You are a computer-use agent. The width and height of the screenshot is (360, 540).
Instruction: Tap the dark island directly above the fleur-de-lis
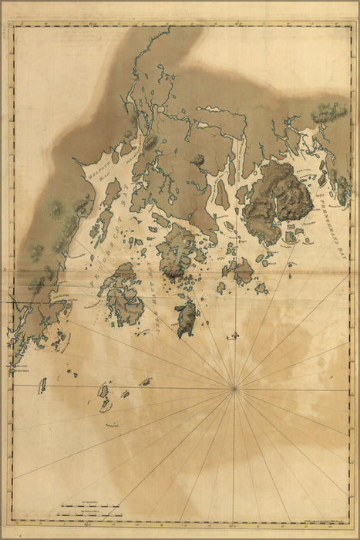186,318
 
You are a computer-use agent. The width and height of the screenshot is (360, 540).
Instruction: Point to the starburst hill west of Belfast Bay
55,207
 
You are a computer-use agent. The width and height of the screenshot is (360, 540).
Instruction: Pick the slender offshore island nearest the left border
42,384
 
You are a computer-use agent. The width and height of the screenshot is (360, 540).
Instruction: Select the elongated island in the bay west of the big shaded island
222,194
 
